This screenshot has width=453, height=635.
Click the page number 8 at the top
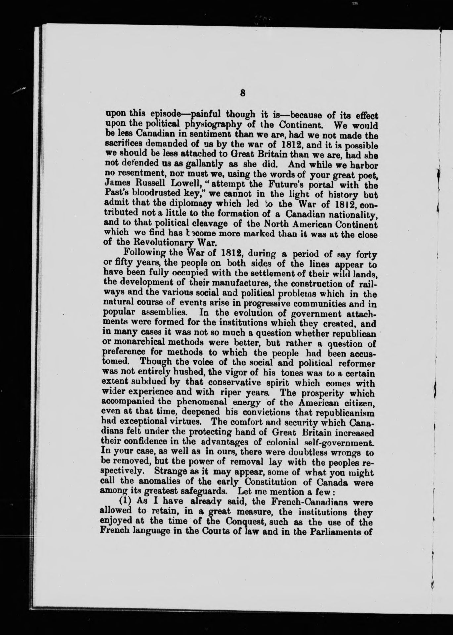(243, 93)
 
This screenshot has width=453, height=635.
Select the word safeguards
(189, 492)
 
